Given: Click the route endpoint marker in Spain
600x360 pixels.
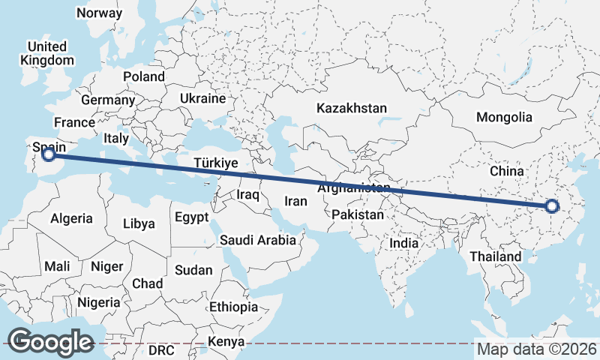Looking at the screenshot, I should (x=49, y=154).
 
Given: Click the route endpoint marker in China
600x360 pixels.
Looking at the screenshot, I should (x=552, y=206).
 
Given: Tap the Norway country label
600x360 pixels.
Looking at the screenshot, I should (x=99, y=13).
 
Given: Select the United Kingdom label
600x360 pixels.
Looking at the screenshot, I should (x=48, y=53).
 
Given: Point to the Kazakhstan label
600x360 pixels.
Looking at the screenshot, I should (x=351, y=108).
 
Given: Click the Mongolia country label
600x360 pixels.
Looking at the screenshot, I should (x=504, y=117).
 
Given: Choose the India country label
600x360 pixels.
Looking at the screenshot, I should (x=404, y=244).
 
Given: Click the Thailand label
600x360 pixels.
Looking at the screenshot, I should (x=495, y=256).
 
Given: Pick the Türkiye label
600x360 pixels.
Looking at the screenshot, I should (x=215, y=163).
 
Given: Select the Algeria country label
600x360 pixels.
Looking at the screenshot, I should (x=71, y=218).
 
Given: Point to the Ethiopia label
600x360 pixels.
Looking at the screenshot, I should (x=233, y=307).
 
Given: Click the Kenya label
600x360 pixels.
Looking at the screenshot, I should (x=226, y=342).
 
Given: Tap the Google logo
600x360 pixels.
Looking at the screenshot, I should (x=50, y=341).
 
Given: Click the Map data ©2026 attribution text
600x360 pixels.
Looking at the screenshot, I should (x=536, y=349).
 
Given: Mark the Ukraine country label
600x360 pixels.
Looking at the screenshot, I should (x=202, y=98).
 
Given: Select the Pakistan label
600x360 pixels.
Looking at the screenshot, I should (x=358, y=214).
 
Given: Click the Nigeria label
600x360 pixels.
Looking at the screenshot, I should (x=97, y=302).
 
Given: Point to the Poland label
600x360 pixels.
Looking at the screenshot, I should (x=144, y=76).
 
